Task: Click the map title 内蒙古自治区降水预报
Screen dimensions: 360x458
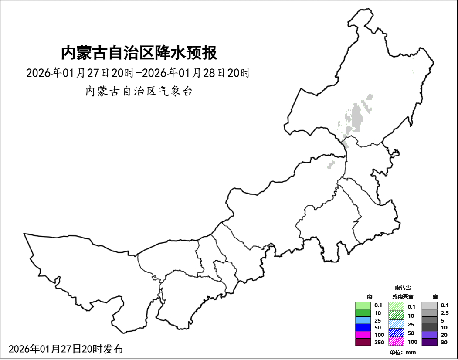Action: pyautogui.click(x=139, y=53)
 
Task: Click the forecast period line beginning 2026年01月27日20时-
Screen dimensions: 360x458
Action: pyautogui.click(x=138, y=73)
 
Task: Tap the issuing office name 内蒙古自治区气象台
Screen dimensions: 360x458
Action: pyautogui.click(x=139, y=92)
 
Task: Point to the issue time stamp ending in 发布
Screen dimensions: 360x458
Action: pyautogui.click(x=66, y=349)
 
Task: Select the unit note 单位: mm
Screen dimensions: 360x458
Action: pyautogui.click(x=403, y=353)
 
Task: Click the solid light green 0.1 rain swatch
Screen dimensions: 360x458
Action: pyautogui.click(x=363, y=306)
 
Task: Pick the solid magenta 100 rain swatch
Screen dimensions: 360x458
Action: pyautogui.click(x=363, y=335)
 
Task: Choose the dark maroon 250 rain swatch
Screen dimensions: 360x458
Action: pyautogui.click(x=363, y=342)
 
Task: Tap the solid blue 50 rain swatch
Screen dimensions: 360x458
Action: pyautogui.click(x=363, y=327)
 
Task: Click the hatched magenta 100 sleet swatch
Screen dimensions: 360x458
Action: pyautogui.click(x=397, y=342)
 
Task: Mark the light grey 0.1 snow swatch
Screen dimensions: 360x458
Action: pyautogui.click(x=430, y=306)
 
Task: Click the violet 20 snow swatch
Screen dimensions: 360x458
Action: pyautogui.click(x=430, y=335)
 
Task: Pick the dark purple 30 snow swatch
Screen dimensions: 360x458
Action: pyautogui.click(x=430, y=342)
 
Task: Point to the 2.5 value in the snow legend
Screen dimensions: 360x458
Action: pyautogui.click(x=444, y=313)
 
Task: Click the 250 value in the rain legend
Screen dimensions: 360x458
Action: pyautogui.click(x=379, y=342)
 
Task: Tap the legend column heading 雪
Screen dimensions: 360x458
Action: pyautogui.click(x=435, y=296)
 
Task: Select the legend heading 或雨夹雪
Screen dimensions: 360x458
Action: pyautogui.click(x=403, y=296)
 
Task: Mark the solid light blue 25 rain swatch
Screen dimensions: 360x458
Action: pyautogui.click(x=363, y=320)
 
